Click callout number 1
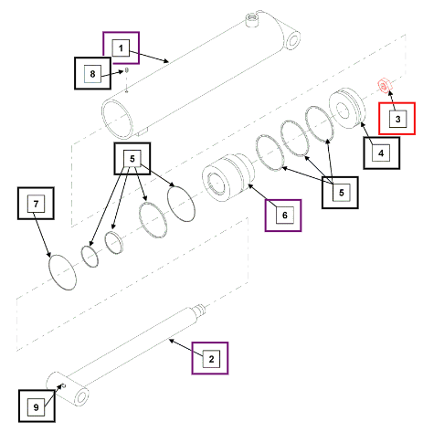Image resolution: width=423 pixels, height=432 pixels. pyautogui.click(x=121, y=48)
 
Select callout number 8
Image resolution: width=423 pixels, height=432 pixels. pyautogui.click(x=92, y=73)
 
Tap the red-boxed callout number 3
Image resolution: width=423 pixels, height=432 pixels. pyautogui.click(x=397, y=119)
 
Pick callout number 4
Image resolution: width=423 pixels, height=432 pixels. pyautogui.click(x=381, y=153)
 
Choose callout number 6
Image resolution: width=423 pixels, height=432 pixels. pyautogui.click(x=285, y=216)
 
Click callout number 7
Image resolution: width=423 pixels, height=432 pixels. pyautogui.click(x=37, y=204)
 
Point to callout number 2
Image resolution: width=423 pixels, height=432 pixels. pyautogui.click(x=211, y=359)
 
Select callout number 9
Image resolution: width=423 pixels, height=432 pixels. pyautogui.click(x=37, y=407)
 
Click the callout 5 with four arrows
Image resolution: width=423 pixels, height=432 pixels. pyautogui.click(x=132, y=159)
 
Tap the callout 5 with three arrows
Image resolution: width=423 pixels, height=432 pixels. pyautogui.click(x=341, y=192)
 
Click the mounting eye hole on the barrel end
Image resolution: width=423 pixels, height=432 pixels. pyautogui.click(x=293, y=41)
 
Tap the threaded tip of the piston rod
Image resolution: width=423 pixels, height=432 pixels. pyautogui.click(x=200, y=309)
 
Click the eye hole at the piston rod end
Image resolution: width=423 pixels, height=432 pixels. pyautogui.click(x=81, y=397)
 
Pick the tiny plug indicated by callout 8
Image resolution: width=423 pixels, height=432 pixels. pyautogui.click(x=127, y=70)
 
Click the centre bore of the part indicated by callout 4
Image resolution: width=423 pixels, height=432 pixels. pyautogui.click(x=342, y=110)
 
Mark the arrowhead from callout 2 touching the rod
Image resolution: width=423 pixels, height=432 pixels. pyautogui.click(x=171, y=341)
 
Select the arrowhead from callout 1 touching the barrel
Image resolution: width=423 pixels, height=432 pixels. pyautogui.click(x=166, y=60)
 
